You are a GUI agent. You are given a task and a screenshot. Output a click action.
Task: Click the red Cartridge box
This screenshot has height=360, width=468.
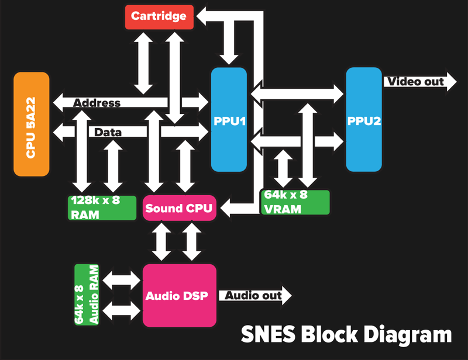point(159,16)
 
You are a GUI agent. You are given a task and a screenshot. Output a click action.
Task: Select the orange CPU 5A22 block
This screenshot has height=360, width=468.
point(32,124)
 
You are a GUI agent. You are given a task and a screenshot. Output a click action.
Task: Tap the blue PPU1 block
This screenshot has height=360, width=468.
point(229,120)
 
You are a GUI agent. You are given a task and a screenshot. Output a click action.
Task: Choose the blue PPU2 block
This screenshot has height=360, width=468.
point(364,120)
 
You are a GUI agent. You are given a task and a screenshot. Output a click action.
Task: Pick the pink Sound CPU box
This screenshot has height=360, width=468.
point(180,208)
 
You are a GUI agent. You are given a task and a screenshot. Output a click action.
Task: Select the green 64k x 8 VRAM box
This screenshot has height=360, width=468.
point(295,202)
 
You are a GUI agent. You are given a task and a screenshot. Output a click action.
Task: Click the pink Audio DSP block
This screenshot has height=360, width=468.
point(180,295)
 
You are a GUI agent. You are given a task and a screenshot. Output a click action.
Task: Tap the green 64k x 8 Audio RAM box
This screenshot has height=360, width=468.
point(87,295)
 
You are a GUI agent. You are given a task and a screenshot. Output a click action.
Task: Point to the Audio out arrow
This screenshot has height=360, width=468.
point(256,296)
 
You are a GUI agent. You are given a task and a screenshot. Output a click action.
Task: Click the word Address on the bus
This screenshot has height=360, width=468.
point(97,103)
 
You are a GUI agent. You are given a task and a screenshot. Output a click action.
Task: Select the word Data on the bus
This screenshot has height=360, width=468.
point(108,133)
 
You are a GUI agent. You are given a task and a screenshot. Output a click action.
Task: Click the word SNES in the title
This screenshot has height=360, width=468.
point(268,335)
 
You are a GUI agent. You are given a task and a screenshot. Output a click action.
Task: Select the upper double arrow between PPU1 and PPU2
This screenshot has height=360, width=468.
point(297,92)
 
